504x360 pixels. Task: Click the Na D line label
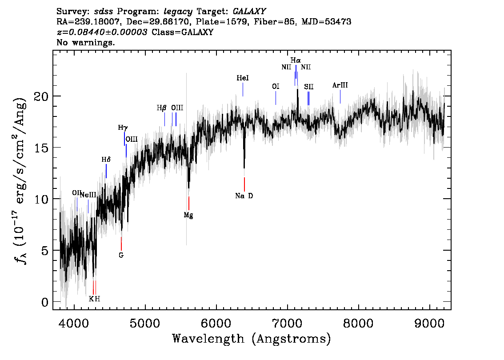(244, 196)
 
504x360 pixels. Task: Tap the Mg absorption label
(188, 216)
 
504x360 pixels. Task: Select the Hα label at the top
(296, 60)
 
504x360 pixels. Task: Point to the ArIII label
(340, 85)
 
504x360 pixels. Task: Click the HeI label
(243, 78)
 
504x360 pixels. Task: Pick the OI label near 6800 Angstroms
(276, 87)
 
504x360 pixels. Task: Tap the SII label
(308, 87)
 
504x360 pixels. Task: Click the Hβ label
(162, 108)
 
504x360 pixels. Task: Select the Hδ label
(106, 160)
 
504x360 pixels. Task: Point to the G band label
(121, 255)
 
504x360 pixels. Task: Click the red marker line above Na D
(244, 184)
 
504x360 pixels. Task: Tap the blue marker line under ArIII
(340, 97)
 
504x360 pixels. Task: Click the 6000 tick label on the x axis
(216, 324)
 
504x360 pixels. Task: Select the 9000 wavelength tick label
(429, 324)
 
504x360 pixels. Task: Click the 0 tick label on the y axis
(45, 302)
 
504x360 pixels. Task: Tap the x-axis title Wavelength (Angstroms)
(252, 339)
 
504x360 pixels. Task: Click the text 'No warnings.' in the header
(85, 42)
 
